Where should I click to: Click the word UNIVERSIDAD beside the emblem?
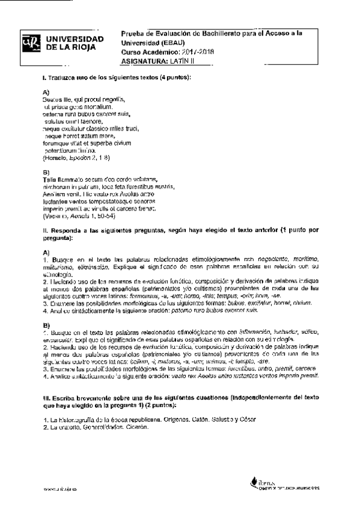coord(75,38)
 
